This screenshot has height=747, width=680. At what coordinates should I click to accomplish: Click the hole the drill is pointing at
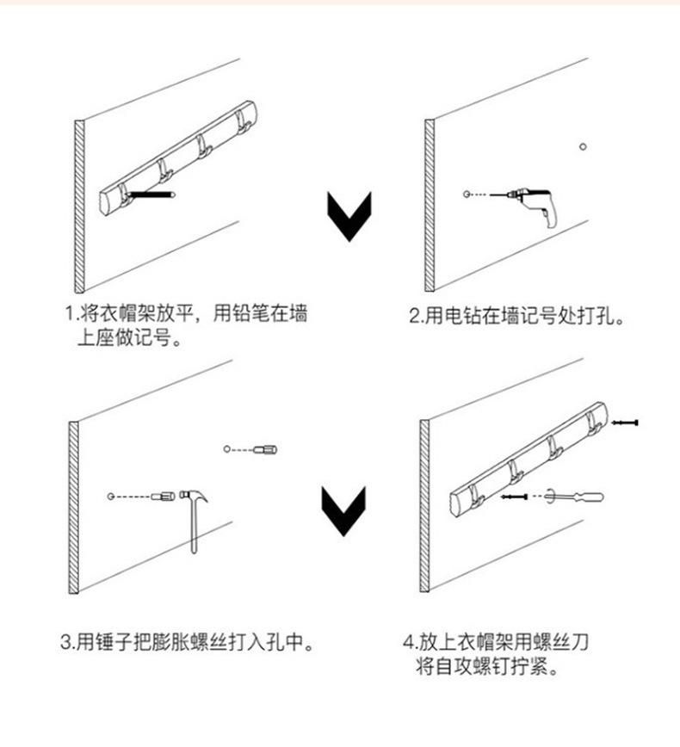[465, 196]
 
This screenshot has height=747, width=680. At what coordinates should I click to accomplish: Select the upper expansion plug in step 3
[267, 449]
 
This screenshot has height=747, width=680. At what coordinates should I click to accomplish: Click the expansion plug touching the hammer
[164, 497]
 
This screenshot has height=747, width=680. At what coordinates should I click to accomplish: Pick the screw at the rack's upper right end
[626, 423]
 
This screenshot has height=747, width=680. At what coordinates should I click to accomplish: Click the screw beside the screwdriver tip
[514, 497]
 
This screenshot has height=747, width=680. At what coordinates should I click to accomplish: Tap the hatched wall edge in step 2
[430, 207]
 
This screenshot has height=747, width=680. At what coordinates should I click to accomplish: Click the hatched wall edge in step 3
[74, 508]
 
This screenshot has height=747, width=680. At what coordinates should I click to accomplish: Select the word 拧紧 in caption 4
[524, 667]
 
